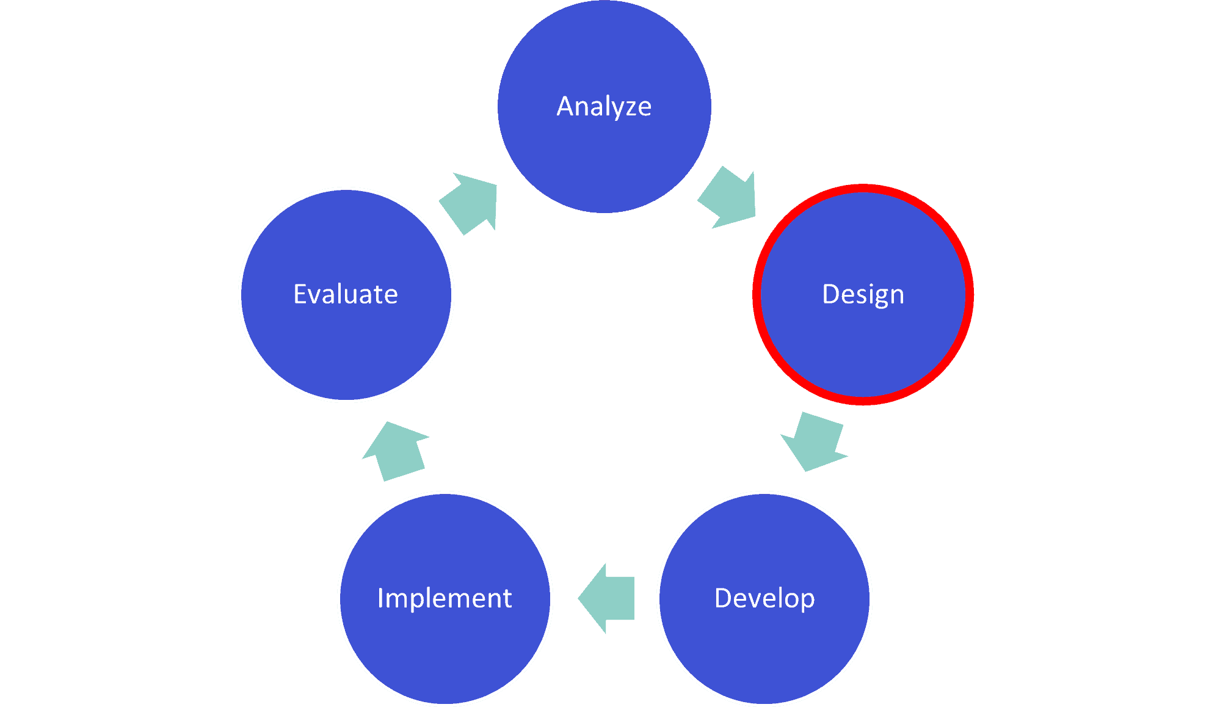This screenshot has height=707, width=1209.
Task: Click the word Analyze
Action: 604,107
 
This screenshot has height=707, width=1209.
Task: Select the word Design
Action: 863,294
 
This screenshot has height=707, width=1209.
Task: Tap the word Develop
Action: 764,598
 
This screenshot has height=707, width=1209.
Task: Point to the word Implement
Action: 445,598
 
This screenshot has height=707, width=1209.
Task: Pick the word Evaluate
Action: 346,294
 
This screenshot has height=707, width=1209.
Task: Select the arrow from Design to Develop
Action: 813,441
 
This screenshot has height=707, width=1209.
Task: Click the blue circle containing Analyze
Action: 604,159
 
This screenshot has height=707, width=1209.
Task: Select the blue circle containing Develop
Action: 764,653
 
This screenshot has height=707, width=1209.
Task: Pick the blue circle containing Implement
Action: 445,653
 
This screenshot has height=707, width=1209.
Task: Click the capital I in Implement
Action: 380,598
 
